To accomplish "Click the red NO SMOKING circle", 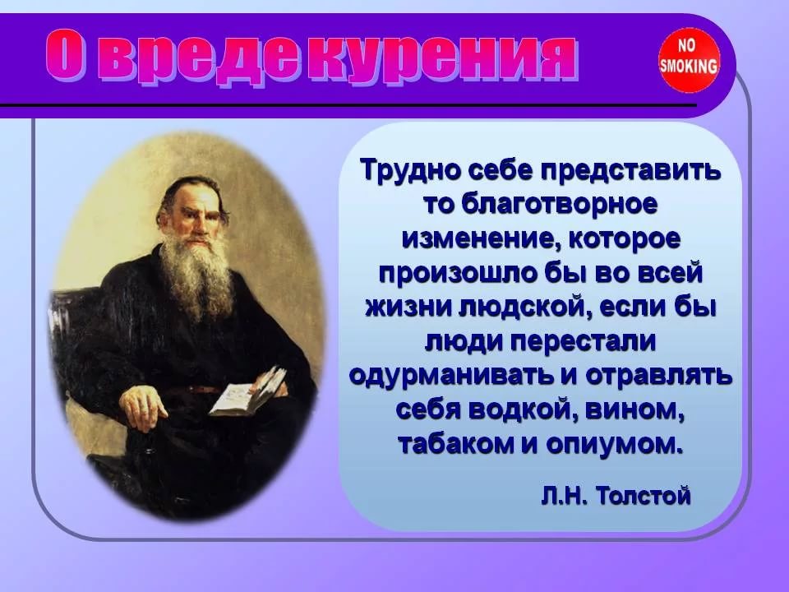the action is (689, 60).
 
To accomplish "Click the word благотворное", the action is (559, 205).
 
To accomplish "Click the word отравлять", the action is (659, 376).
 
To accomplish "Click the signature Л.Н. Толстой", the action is (616, 496).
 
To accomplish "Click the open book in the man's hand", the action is (248, 391).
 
